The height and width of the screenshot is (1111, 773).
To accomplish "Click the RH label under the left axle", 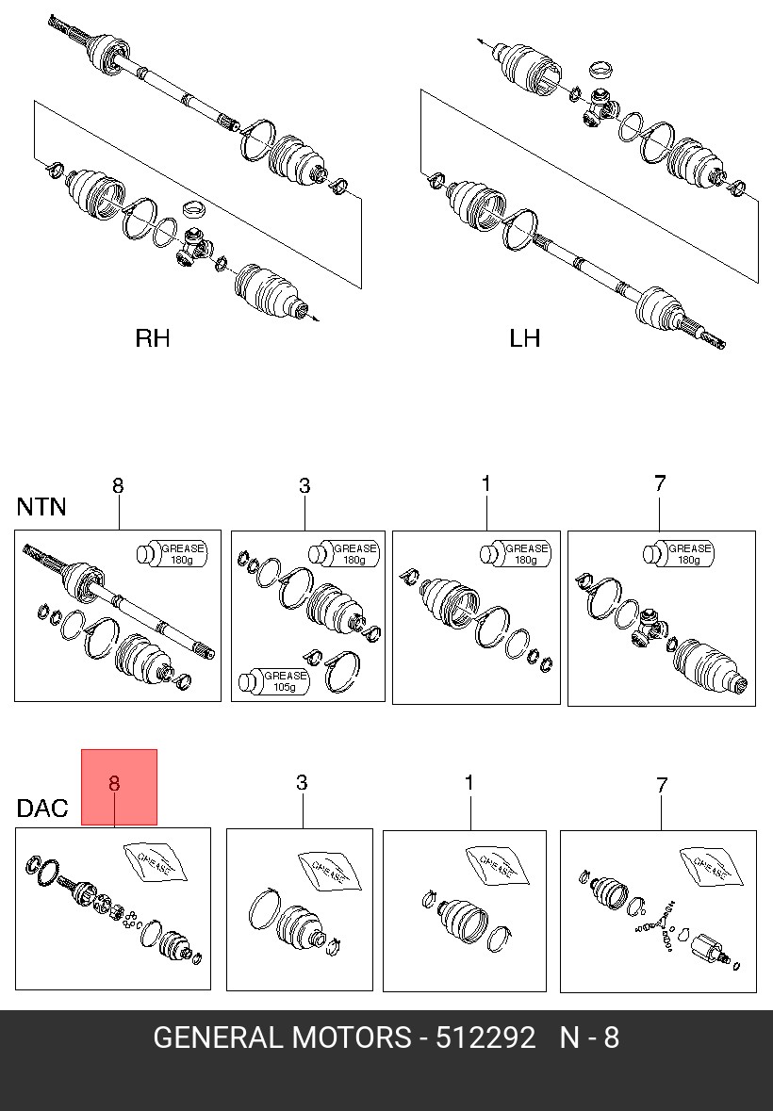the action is point(153,338).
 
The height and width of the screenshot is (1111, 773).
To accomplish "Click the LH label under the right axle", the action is point(525,338).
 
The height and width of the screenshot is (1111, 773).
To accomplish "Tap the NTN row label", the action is point(41,507).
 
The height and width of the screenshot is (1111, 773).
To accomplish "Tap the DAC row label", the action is point(42,808).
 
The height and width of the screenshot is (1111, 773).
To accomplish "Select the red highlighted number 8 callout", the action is point(114,784).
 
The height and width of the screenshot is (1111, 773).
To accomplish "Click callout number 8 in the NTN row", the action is point(118,485).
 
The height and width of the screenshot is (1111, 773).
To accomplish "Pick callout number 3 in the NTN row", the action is point(304,485).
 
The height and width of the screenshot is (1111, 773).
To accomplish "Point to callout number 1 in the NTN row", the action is point(486,483).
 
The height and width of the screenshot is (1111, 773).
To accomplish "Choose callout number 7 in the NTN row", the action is point(660,483).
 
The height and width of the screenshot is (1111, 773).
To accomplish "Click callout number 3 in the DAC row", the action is point(302,783).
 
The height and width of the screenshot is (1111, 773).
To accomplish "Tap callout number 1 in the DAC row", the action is point(469,783).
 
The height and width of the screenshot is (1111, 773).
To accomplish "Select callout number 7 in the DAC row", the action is point(662,785).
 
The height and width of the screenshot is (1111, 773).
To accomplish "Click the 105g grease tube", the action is point(273,681).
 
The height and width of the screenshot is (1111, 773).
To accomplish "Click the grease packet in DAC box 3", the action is point(329,871).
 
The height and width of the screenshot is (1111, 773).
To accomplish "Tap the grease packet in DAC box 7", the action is point(712,866).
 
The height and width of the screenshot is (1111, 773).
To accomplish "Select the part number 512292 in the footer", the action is point(485,1038).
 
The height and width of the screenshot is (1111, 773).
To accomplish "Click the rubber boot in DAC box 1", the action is point(463,922).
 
